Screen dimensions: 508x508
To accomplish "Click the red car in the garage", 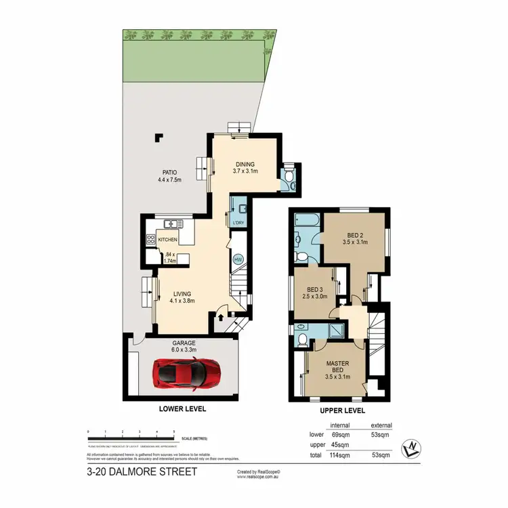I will click(x=182, y=373).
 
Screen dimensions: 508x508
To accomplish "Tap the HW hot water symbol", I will click(x=238, y=259).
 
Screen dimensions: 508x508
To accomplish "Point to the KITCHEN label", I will click(x=167, y=240).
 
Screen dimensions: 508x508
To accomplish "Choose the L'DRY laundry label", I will click(x=238, y=224).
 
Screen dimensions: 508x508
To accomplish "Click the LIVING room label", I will click(x=182, y=293).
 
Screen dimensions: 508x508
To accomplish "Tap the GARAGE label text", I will click(x=182, y=341).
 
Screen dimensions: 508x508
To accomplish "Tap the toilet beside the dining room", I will click(x=289, y=177).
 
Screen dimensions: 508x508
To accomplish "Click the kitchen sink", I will click(x=170, y=223).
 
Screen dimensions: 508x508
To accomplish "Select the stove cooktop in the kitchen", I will click(x=150, y=239).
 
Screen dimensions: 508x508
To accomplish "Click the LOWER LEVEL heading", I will click(x=182, y=409).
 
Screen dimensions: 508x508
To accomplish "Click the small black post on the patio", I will click(x=160, y=137).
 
